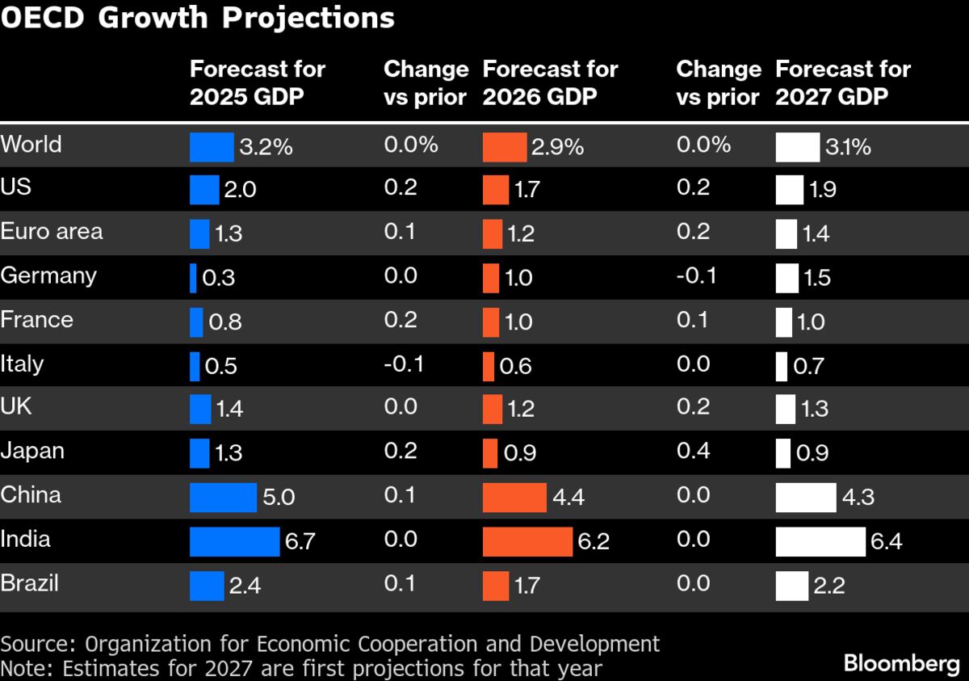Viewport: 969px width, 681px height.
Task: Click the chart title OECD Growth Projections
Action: pos(198,18)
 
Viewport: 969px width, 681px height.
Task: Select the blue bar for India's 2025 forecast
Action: pos(235,541)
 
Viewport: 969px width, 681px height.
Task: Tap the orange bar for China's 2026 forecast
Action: pos(514,497)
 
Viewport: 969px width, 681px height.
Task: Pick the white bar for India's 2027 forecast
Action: pos(820,541)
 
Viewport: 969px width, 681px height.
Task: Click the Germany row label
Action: pos(48,275)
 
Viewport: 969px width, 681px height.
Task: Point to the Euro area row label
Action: pos(52,232)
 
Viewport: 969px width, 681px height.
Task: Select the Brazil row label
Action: pos(30,583)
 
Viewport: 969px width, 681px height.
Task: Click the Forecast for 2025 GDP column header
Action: pos(257,82)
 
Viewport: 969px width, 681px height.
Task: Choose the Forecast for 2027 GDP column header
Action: pos(842,82)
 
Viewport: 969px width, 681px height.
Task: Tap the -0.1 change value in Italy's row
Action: pos(404,364)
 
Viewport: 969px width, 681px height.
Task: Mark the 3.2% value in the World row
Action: pos(266,148)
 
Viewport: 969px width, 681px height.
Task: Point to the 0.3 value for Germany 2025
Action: pos(219,278)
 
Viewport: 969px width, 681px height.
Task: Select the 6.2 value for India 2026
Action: pos(594,541)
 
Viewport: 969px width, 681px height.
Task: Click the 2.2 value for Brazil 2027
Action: pos(828,585)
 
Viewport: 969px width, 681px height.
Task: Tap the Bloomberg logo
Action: pos(901,663)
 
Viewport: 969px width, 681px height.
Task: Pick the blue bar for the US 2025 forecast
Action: pos(204,191)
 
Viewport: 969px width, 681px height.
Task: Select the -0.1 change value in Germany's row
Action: pos(696,276)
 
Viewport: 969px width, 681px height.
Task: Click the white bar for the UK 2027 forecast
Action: pos(785,410)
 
